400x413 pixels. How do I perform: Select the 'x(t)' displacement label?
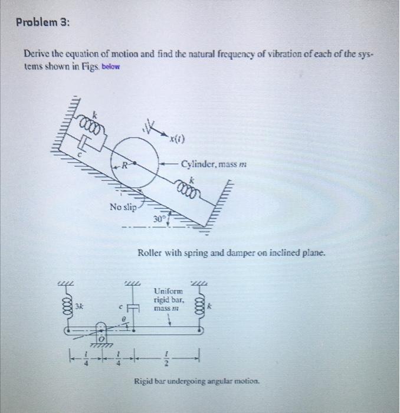pos(175,139)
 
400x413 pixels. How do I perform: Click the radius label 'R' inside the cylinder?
pos(125,165)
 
